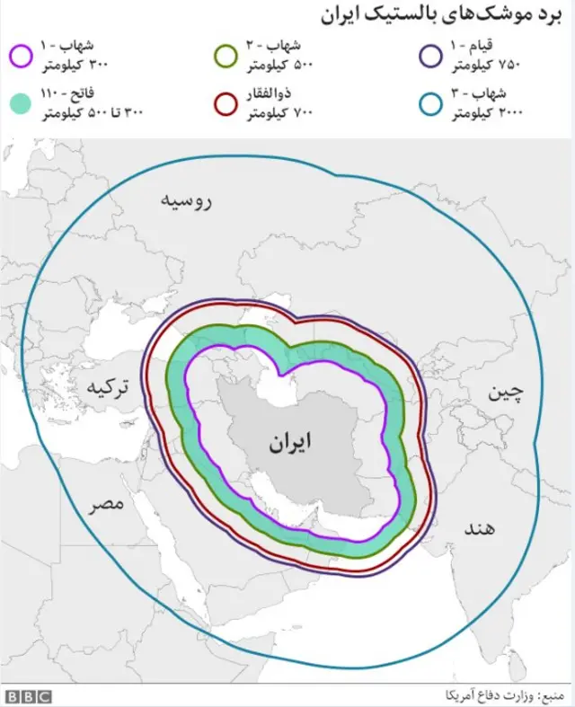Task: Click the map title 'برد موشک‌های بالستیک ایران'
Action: pyautogui.click(x=442, y=16)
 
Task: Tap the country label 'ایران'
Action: pyautogui.click(x=290, y=442)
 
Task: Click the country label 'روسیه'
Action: pyautogui.click(x=186, y=200)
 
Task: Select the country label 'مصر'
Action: pyautogui.click(x=106, y=504)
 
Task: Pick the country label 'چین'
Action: pyautogui.click(x=504, y=392)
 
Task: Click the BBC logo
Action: pyautogui.click(x=29, y=695)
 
